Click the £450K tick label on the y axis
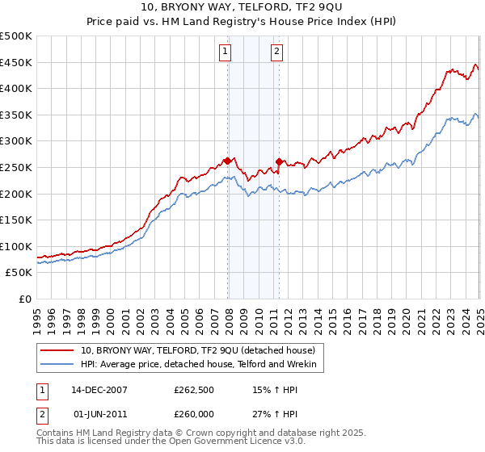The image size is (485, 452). tap(15, 62)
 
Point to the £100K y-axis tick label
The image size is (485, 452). tap(15, 246)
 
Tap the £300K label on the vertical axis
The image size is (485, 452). tap(15, 141)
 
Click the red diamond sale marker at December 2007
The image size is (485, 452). tap(228, 161)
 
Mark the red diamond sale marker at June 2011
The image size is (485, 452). tap(279, 161)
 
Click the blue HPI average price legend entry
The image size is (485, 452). tap(202, 365)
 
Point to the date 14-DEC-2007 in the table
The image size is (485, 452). tap(99, 389)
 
